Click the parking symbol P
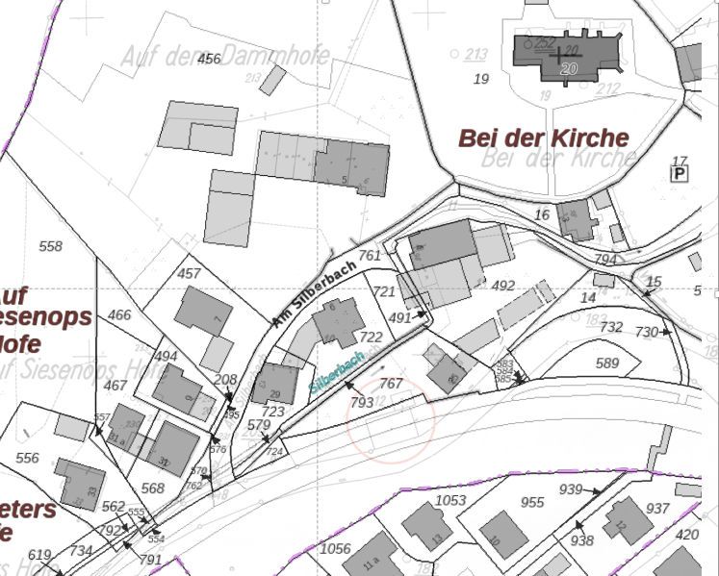coord(680,173)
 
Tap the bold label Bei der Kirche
coord(544,138)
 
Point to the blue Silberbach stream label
coord(337,370)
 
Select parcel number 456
coord(209,60)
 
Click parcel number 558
coord(50,246)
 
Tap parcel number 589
coord(607,363)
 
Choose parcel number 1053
coord(450,500)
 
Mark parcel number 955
coord(532,502)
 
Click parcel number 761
coord(370,256)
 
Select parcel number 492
coord(503,286)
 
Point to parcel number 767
coord(391,384)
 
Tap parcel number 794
coord(604,260)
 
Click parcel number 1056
coord(335,548)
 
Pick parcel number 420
coord(688,535)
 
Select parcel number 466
coord(119,314)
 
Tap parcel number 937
coord(657,508)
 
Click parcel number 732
coord(611,327)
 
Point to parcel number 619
coord(39,554)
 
